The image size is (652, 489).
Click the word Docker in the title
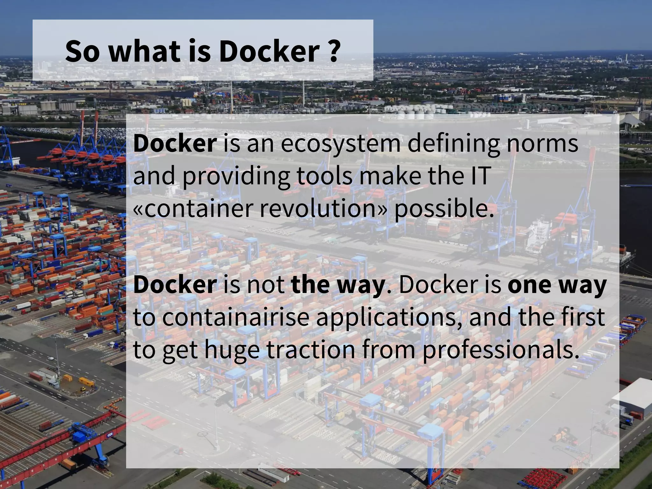[269, 51]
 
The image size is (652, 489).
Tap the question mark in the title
[333, 51]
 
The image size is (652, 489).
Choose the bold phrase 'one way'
[557, 285]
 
